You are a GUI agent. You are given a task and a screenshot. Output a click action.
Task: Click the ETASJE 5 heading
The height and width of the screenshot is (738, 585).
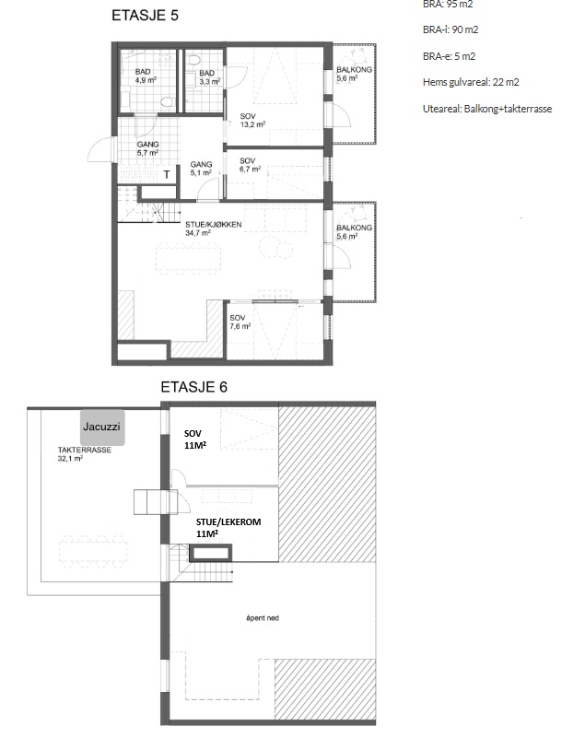[x=145, y=16]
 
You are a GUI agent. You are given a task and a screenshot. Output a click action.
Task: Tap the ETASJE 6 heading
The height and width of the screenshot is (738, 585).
[x=193, y=387]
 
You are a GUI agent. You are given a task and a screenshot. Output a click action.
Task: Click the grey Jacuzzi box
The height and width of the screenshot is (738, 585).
[x=102, y=428]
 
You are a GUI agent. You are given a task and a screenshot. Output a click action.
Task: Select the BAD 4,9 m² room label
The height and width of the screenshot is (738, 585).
[x=145, y=76]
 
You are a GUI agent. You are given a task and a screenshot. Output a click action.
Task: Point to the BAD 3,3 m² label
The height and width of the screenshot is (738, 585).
[x=209, y=77]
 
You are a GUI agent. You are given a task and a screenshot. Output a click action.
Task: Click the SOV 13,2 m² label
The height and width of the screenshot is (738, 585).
[x=252, y=121]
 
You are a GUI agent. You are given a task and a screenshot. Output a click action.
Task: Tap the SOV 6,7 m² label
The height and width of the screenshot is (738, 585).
[x=250, y=165]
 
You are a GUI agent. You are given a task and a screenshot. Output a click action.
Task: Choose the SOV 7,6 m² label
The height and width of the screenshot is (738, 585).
[x=240, y=322]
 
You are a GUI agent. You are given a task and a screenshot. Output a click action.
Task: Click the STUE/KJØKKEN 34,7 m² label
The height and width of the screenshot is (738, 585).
[x=206, y=228]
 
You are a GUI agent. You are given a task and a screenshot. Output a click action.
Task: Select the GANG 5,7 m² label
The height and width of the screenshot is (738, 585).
[x=147, y=148]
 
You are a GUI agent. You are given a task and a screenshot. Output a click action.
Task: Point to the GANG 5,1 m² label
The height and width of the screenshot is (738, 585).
[x=201, y=169]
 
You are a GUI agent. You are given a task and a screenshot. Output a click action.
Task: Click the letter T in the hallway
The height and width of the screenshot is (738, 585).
[x=167, y=175]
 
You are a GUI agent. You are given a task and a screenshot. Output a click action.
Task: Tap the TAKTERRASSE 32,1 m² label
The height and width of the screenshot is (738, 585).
[x=85, y=453]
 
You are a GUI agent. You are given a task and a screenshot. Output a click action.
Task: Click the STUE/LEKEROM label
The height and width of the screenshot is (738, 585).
[x=228, y=522]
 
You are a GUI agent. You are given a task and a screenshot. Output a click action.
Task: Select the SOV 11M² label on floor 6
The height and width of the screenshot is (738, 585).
[x=194, y=439]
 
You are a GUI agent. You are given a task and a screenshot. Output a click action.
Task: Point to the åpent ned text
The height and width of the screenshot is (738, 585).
[x=263, y=618]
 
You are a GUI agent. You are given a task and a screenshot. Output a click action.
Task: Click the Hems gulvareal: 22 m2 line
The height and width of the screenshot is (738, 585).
[x=471, y=82]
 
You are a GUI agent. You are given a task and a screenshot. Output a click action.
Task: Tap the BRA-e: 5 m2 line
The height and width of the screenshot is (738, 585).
[x=449, y=56]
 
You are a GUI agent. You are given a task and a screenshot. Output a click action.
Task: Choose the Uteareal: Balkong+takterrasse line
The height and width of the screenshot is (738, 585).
[x=487, y=109]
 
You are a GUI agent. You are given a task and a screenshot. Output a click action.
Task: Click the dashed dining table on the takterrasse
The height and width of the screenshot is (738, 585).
[x=93, y=550]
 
